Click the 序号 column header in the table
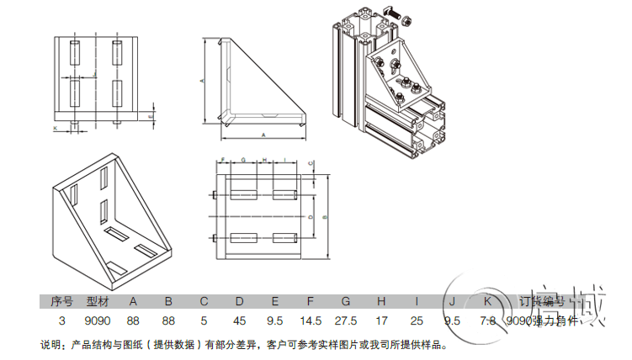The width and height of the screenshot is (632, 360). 61,301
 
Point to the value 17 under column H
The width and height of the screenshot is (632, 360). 381,321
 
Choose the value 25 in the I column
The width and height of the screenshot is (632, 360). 417,321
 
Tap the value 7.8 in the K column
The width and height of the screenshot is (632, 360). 487,321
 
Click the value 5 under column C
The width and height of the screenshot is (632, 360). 204,321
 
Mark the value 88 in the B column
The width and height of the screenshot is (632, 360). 168,321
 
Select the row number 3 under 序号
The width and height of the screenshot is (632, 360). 61,321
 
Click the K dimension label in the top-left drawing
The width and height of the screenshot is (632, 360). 55,128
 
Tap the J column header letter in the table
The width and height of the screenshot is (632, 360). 452,301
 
